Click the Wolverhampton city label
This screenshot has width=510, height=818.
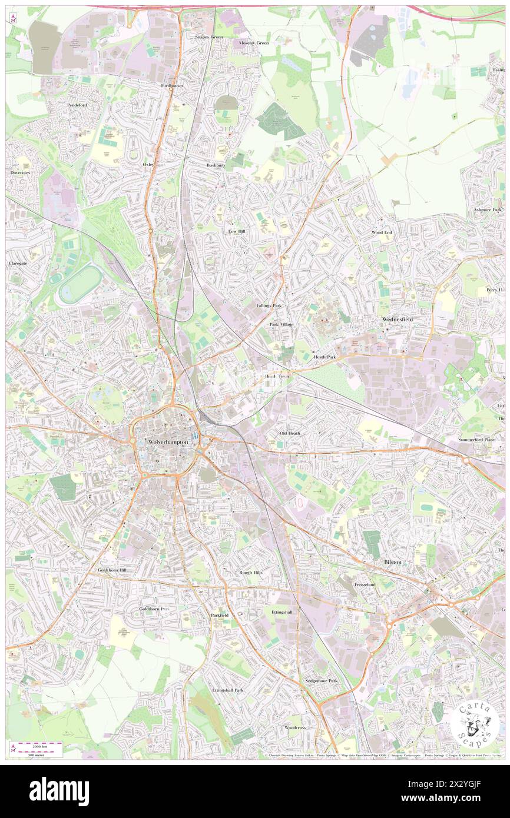pos(168,442)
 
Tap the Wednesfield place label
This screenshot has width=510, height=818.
pos(398,320)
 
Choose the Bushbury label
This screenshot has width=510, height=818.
pos(216,166)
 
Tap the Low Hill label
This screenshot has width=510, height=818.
pos(236,232)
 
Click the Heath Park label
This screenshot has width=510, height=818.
pos(324,357)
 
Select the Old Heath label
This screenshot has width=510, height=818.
pos(290,434)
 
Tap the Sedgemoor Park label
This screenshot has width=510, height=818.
pos(322,681)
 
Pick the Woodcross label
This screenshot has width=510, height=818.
pos(295,727)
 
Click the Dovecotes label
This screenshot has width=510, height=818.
pos(20,172)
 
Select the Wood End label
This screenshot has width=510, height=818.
pos(381,233)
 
